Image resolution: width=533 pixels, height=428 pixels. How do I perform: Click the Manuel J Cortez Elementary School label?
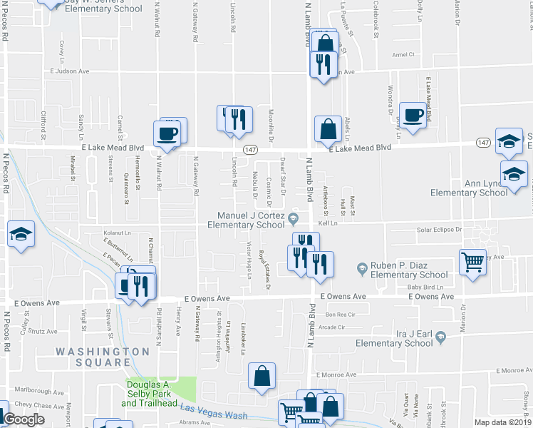246,220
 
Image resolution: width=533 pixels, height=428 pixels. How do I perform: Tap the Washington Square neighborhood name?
103,357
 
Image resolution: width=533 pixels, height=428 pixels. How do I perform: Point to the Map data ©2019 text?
502,422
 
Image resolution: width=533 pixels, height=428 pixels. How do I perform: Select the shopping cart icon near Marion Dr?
472,262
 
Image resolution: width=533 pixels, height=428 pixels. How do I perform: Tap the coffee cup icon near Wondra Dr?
413,114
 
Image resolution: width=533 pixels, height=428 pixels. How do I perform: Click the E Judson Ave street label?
69,71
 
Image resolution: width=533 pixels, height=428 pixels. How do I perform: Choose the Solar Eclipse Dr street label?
439,230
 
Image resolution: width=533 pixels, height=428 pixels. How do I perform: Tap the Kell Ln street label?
327,223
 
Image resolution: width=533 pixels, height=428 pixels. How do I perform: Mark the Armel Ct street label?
403,54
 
